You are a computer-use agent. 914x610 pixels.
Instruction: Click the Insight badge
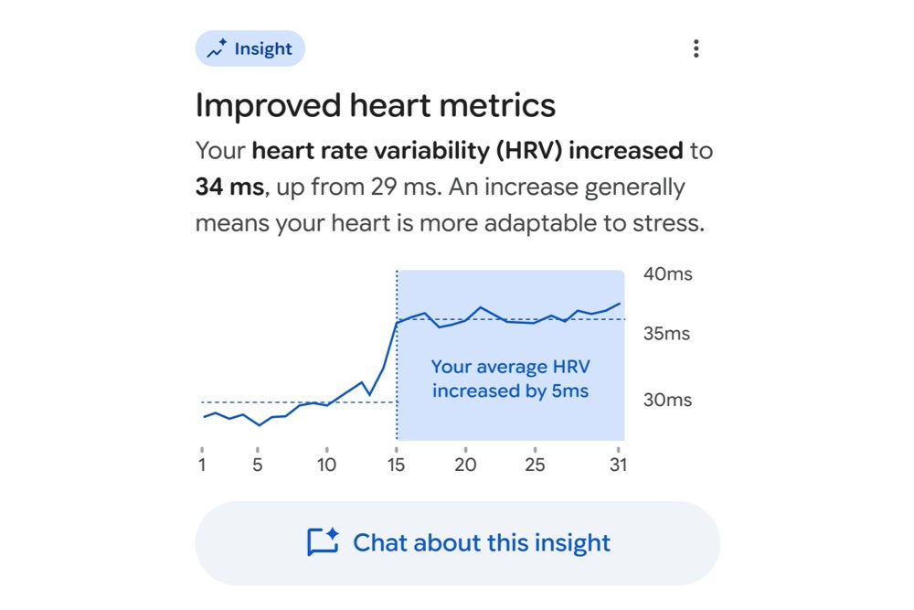[x=250, y=48]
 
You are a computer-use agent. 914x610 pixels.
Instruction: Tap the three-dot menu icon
[x=696, y=48]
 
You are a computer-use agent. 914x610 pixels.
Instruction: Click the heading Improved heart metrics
[x=375, y=106]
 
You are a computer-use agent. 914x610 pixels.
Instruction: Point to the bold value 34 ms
[x=229, y=187]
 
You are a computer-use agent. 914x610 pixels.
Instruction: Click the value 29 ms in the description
[x=403, y=187]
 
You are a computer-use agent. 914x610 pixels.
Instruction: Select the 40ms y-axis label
[x=667, y=274]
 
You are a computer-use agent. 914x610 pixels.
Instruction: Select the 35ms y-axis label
[x=666, y=334]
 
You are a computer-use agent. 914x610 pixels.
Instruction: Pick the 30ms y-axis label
[x=667, y=401]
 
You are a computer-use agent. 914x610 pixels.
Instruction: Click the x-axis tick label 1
[x=202, y=465]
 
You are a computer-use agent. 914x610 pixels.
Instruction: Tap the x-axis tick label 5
[x=258, y=465]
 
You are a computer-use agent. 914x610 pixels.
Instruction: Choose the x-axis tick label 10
[x=326, y=465]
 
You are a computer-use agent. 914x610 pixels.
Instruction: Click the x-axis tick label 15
[x=397, y=465]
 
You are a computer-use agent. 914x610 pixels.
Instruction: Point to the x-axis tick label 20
[x=465, y=465]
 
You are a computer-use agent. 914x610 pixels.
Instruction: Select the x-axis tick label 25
[x=535, y=465]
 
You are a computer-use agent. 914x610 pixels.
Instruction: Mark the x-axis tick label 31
[x=619, y=465]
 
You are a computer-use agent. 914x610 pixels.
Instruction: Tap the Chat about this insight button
[x=457, y=543]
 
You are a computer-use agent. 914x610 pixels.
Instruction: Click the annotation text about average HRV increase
[x=510, y=379]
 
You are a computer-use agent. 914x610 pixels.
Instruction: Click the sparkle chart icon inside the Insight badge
[x=217, y=49]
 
